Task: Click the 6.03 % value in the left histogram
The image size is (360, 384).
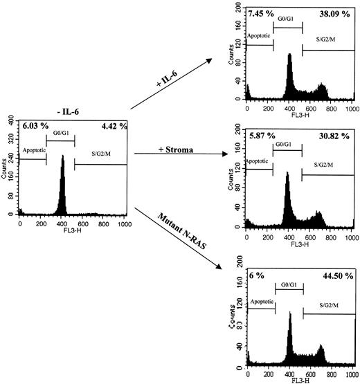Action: pos(35,127)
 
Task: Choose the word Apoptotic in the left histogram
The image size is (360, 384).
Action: pos(35,149)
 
